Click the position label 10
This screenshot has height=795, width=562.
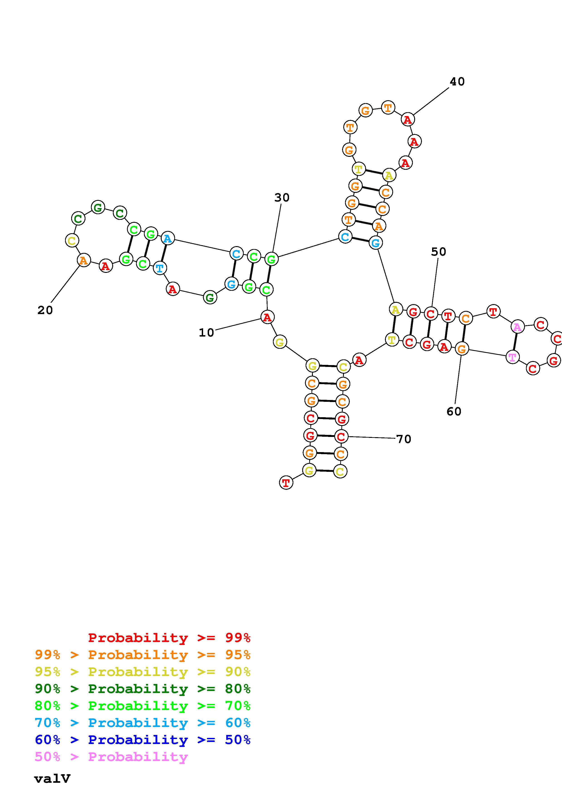(x=206, y=333)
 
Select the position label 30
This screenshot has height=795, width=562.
(x=282, y=198)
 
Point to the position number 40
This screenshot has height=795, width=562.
(x=457, y=82)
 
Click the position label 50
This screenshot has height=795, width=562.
(x=438, y=252)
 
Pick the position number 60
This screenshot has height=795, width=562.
(x=454, y=411)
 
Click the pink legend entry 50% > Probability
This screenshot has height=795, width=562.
(x=111, y=757)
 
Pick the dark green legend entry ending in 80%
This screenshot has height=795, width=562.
(x=143, y=689)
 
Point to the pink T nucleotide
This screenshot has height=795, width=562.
(x=513, y=357)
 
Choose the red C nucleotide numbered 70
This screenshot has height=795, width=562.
(x=341, y=436)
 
